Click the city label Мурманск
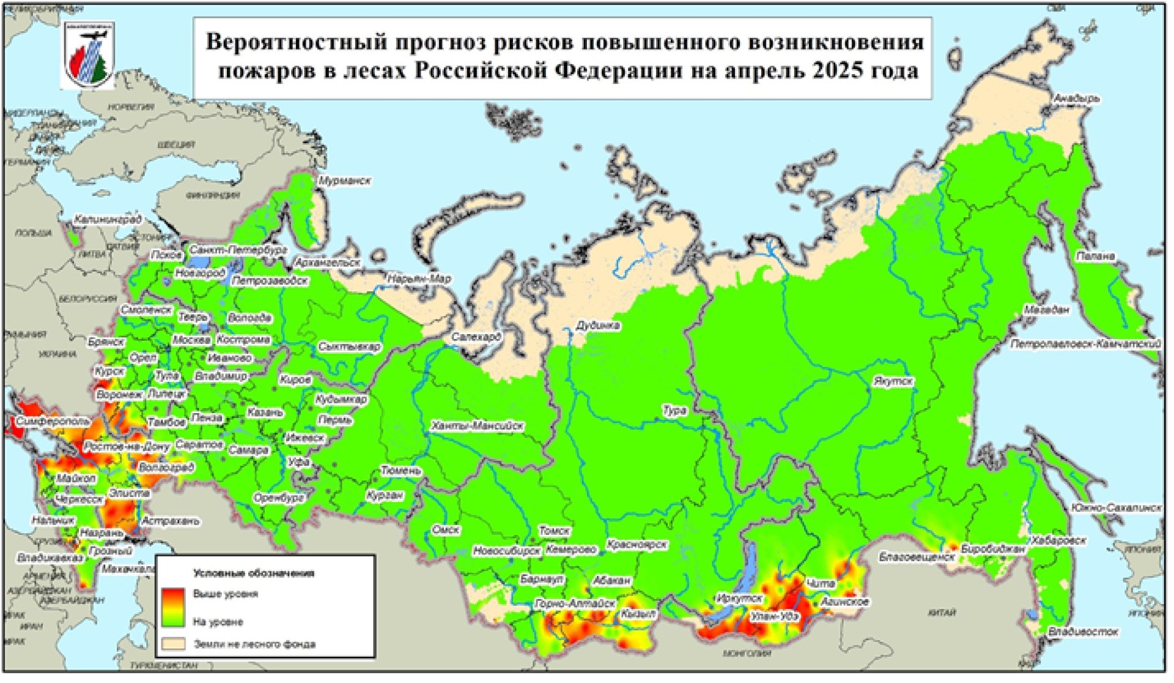(x=344, y=182)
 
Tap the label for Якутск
(x=893, y=381)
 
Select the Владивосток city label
(x=1083, y=632)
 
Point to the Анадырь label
(x=1077, y=99)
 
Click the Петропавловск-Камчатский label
(x=1085, y=345)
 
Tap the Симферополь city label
(x=53, y=422)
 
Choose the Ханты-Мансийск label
(x=477, y=426)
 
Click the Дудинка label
(x=598, y=326)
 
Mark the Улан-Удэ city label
(x=774, y=617)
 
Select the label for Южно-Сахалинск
(x=1115, y=509)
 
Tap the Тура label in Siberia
(x=674, y=411)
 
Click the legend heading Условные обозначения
(x=254, y=573)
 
